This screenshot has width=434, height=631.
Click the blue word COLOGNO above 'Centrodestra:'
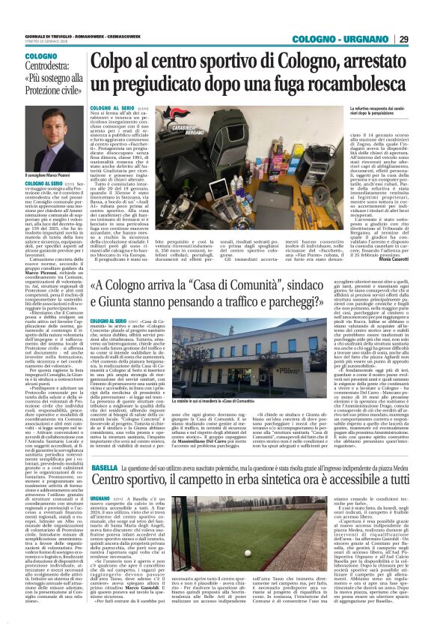40,56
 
